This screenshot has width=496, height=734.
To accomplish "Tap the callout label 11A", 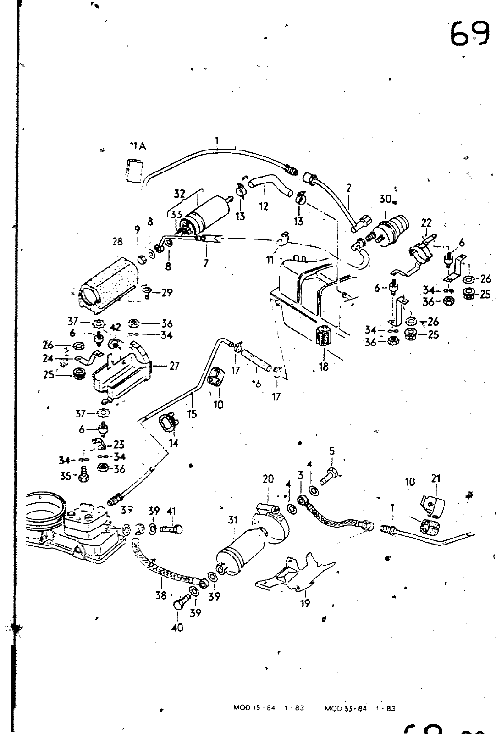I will (x=137, y=146).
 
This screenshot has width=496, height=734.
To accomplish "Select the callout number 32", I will (x=179, y=194).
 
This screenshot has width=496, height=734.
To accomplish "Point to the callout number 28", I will (x=118, y=241).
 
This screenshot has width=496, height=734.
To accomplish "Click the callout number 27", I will (x=174, y=366).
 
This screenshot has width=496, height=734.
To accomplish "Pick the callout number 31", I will (x=233, y=520).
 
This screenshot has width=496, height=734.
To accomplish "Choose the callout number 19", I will (x=305, y=603).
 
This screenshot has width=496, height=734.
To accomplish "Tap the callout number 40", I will (x=177, y=627).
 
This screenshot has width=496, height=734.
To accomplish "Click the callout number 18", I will (x=324, y=367).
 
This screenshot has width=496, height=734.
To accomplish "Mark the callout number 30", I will (x=385, y=199).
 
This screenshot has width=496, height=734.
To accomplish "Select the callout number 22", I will (x=426, y=223).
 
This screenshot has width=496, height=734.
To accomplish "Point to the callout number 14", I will (x=173, y=443).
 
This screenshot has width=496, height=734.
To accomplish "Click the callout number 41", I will (x=171, y=511).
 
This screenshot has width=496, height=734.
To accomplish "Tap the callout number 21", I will (x=435, y=478).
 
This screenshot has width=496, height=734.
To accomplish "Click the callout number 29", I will (x=167, y=292).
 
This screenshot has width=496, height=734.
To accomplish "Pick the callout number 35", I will (x=66, y=476).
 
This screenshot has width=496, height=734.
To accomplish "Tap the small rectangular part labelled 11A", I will (x=134, y=171).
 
